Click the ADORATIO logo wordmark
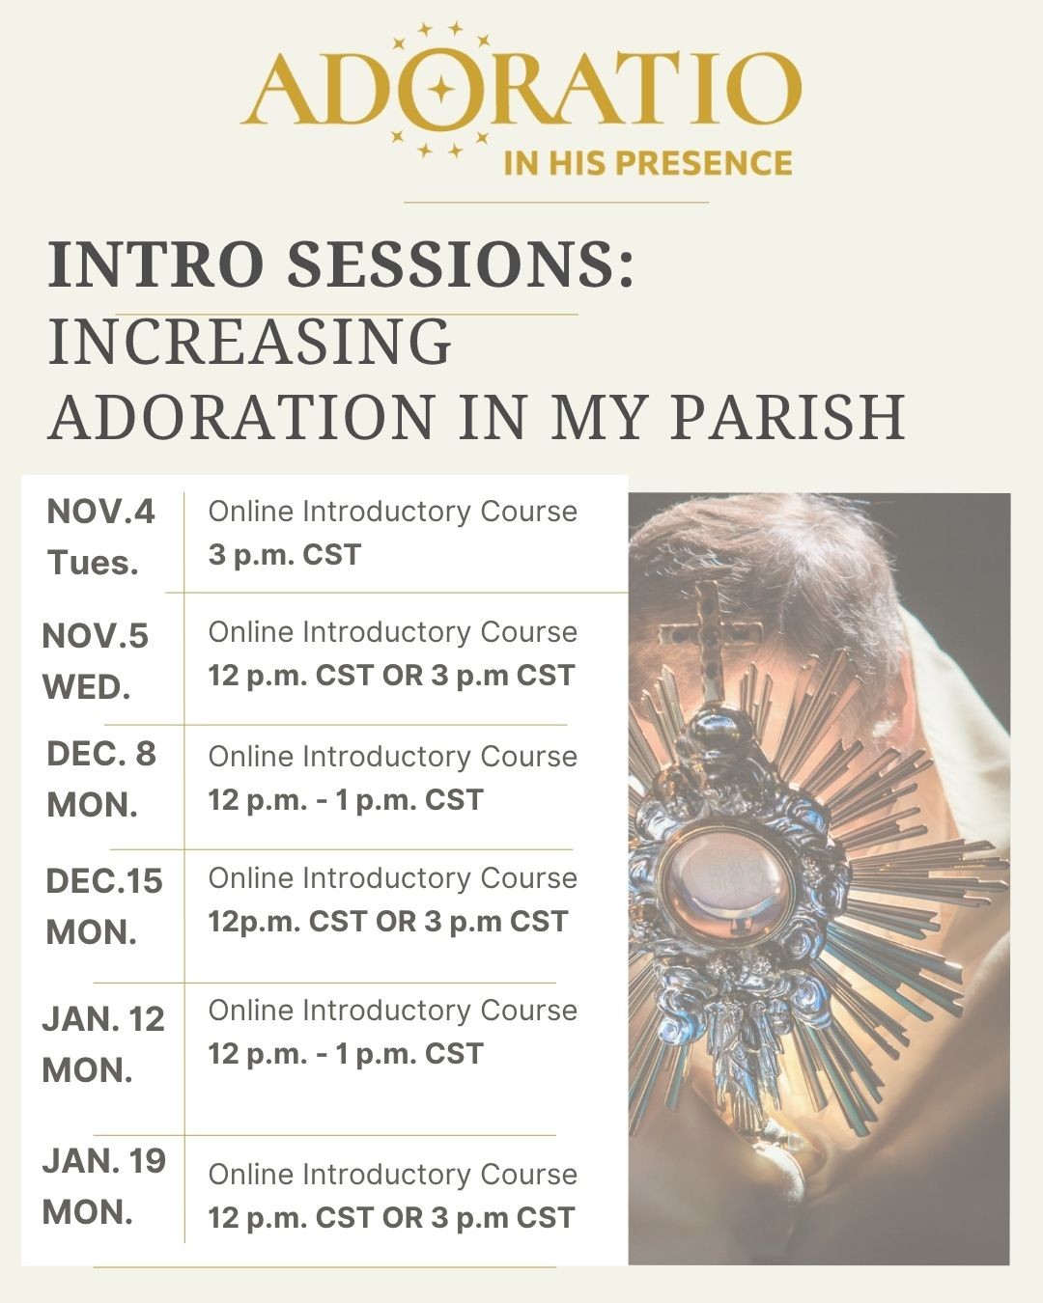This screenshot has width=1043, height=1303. tap(521, 90)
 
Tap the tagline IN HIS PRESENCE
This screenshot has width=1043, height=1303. tap(647, 162)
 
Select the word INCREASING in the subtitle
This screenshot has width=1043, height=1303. tap(250, 342)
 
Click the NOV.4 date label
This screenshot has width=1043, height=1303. tap(100, 512)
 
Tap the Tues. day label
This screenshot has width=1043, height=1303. tap(94, 563)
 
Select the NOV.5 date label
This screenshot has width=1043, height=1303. tap(96, 636)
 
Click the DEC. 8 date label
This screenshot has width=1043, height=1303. tap(101, 754)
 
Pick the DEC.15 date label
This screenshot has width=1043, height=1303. tap(104, 881)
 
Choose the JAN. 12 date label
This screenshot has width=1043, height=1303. tap(103, 1019)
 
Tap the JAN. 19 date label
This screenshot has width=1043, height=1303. tap(104, 1161)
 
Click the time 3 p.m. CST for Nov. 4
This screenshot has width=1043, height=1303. tap(285, 555)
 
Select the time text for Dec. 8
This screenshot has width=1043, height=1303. tap(346, 800)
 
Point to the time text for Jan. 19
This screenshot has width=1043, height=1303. tap(391, 1218)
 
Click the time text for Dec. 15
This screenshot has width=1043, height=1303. tap(387, 922)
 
